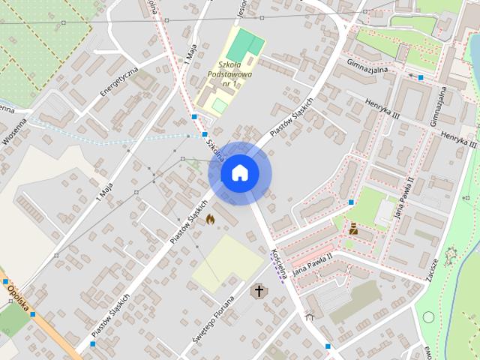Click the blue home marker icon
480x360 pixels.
click(239, 173)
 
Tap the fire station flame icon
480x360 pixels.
click(210, 218)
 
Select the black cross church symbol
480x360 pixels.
click(259, 290)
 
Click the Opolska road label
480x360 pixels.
click(16, 296)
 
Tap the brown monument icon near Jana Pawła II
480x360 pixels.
click(353, 227)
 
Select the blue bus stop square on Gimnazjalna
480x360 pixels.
click(421, 77)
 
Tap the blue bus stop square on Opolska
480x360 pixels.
click(32, 314)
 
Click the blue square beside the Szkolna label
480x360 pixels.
click(194, 116)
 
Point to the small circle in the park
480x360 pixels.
click(428, 317)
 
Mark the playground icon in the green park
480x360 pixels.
click(450, 255)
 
